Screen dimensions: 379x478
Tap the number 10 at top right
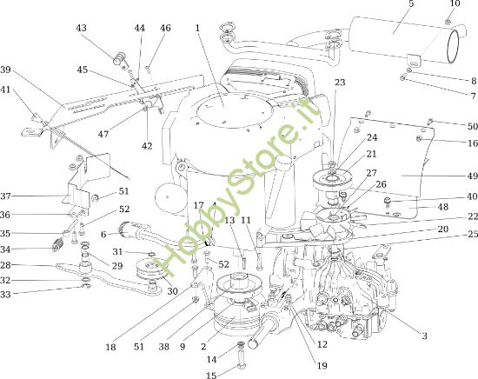pyautogui.click(x=453, y=4)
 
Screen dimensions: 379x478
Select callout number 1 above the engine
pyautogui.click(x=198, y=28)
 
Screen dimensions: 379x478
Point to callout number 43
pyautogui.click(x=82, y=28)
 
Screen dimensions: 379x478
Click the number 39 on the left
pyautogui.click(x=5, y=70)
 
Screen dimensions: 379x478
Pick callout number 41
pyautogui.click(x=5, y=90)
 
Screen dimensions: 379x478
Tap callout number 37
pyautogui.click(x=5, y=196)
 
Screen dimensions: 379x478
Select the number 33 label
pyautogui.click(x=5, y=295)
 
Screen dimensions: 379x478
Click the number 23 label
pyautogui.click(x=340, y=83)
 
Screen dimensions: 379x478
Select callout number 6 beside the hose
pyautogui.click(x=103, y=234)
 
